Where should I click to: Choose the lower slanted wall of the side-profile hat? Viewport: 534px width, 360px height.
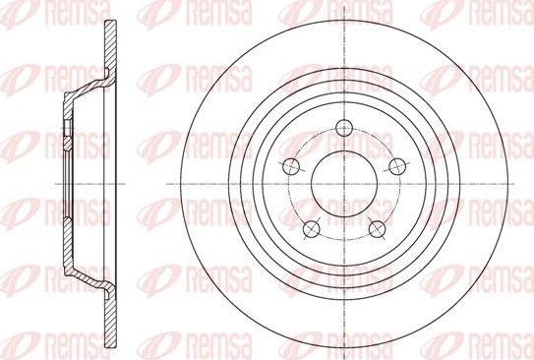pos(83,281)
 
